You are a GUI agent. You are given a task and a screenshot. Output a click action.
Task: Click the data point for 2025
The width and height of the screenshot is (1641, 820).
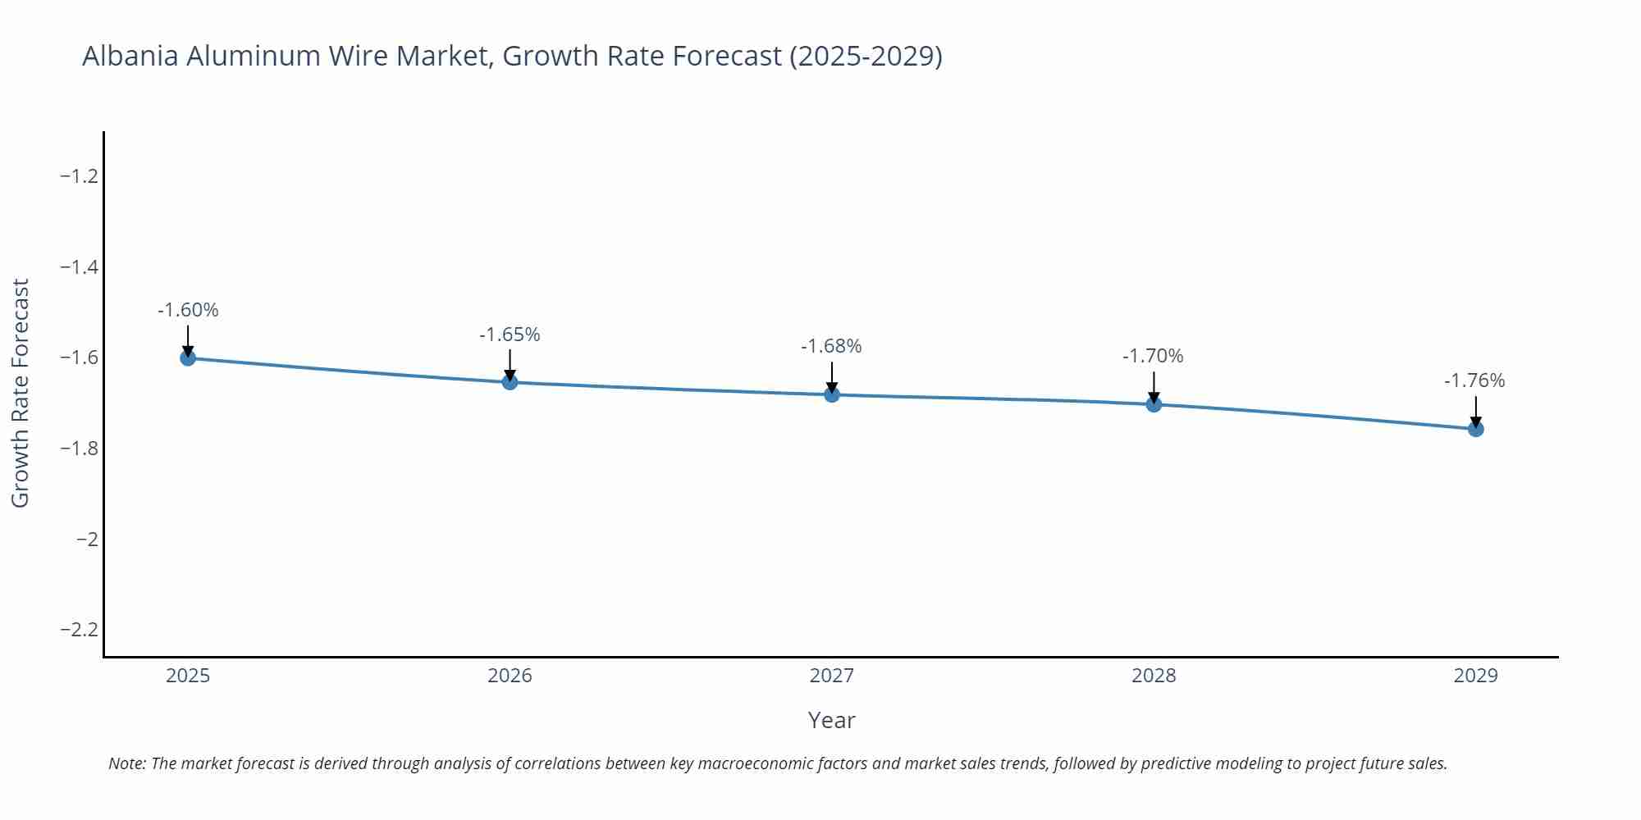pyautogui.click(x=188, y=358)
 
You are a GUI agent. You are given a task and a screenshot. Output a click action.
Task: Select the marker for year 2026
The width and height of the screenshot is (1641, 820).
pyautogui.click(x=510, y=381)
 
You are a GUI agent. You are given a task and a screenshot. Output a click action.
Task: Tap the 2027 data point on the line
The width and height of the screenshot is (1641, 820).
pyautogui.click(x=832, y=394)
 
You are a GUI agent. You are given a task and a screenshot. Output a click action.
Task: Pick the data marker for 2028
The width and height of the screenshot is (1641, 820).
pyautogui.click(x=1154, y=404)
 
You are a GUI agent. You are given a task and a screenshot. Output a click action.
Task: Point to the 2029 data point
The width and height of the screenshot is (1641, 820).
pyautogui.click(x=1475, y=429)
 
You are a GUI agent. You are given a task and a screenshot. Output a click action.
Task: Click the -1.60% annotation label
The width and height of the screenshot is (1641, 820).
pyautogui.click(x=188, y=310)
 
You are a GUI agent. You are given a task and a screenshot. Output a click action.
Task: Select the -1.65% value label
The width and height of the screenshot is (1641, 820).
pyautogui.click(x=510, y=335)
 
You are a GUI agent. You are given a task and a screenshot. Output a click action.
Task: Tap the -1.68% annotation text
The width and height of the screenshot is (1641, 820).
pyautogui.click(x=831, y=346)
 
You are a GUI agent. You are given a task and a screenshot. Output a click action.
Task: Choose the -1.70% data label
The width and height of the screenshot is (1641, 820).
pyautogui.click(x=1153, y=356)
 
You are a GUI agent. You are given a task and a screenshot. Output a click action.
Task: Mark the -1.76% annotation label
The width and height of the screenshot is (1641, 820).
pyautogui.click(x=1474, y=380)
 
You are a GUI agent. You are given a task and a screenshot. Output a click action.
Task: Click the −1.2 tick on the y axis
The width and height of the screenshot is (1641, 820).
pyautogui.click(x=80, y=176)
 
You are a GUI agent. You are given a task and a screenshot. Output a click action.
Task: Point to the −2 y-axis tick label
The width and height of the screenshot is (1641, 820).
pyautogui.click(x=87, y=539)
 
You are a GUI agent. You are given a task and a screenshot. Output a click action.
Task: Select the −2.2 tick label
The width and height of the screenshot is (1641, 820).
pyautogui.click(x=80, y=630)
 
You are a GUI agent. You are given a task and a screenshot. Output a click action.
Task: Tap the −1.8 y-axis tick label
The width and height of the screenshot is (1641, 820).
pyautogui.click(x=80, y=449)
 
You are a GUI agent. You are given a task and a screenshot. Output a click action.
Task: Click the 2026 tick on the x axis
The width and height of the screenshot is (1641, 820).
pyautogui.click(x=510, y=676)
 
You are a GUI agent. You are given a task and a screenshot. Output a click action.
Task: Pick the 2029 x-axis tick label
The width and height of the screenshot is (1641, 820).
pyautogui.click(x=1475, y=676)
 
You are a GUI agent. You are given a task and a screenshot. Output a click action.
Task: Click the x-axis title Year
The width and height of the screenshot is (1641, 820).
pyautogui.click(x=831, y=720)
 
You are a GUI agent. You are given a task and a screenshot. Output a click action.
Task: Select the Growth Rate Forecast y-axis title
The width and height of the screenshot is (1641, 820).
pyautogui.click(x=21, y=393)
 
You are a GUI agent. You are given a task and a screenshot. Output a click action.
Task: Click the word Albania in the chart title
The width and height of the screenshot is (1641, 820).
pyautogui.click(x=130, y=56)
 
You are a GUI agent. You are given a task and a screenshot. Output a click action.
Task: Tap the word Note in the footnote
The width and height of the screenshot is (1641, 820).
pyautogui.click(x=126, y=763)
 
